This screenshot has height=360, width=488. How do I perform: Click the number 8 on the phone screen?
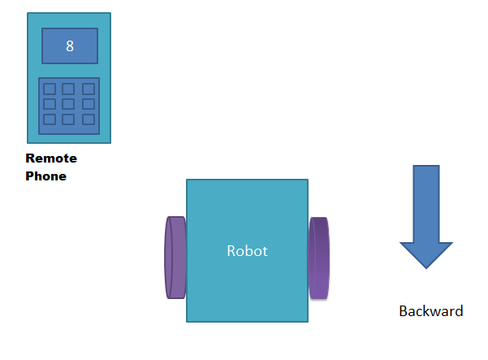(x=69, y=46)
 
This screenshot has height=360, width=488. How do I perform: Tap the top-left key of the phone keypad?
(x=50, y=89)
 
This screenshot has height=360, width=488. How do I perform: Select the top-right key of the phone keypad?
(x=88, y=89)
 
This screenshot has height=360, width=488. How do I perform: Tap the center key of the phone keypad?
(x=69, y=104)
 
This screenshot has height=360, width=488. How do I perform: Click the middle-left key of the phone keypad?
(x=50, y=104)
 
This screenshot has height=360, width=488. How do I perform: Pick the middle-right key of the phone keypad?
(x=88, y=104)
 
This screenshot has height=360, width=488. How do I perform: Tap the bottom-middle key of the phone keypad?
(x=69, y=119)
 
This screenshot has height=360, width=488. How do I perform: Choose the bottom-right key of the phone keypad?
(x=88, y=119)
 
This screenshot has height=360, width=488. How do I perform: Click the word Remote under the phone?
(x=51, y=159)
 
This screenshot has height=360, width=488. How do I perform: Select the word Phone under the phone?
(x=45, y=176)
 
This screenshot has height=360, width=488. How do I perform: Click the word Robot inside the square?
(x=247, y=251)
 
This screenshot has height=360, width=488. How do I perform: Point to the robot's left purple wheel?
(x=175, y=257)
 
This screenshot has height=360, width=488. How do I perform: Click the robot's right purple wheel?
(x=319, y=258)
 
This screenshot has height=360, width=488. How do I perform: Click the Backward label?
(x=430, y=311)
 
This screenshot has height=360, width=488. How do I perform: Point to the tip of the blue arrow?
(x=426, y=267)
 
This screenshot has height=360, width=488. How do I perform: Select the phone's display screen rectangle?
(x=69, y=46)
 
